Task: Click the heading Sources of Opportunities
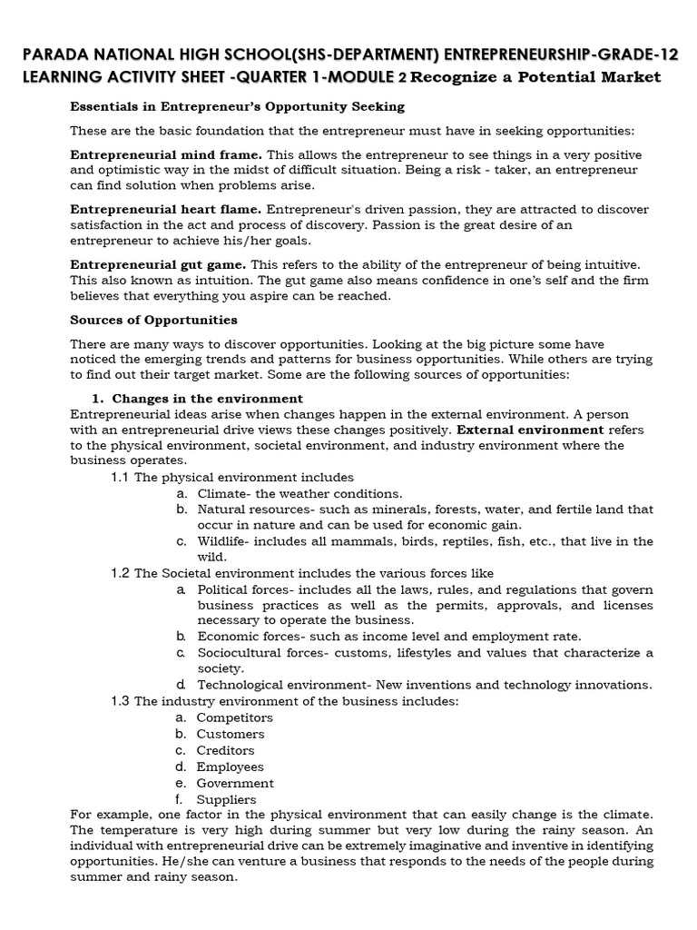pos(154,320)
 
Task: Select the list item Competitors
pos(234,717)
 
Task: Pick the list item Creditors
pos(225,750)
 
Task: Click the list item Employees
pos(230,767)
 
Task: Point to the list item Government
pos(234,783)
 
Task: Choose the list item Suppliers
pos(227,799)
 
